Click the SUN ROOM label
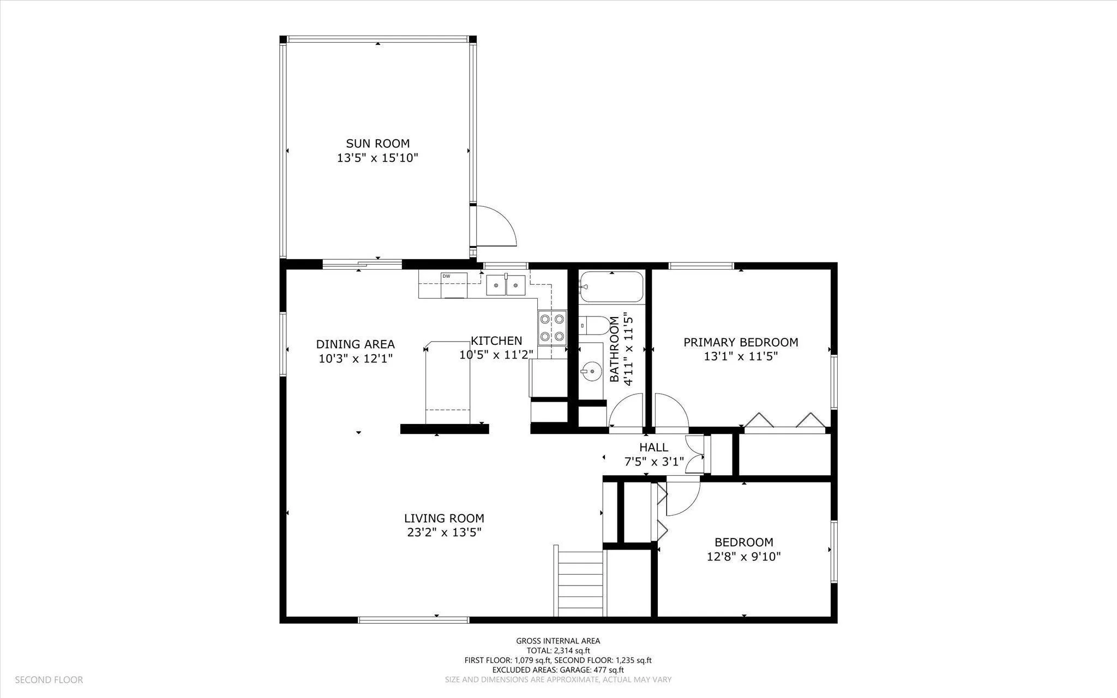[x=377, y=144]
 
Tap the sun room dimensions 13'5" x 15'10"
[x=377, y=158]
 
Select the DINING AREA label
[x=355, y=344]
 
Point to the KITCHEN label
[x=496, y=341]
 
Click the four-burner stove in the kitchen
[x=552, y=327]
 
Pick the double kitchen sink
[x=506, y=285]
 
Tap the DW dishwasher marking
[x=446, y=276]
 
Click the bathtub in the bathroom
[x=611, y=287]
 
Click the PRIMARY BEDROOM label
[x=741, y=342]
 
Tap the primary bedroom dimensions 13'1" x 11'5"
[x=741, y=356]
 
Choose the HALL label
[x=653, y=448]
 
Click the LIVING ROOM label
[x=444, y=518]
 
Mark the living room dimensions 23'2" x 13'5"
[x=444, y=532]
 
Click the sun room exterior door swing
[x=496, y=225]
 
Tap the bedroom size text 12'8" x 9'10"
[x=744, y=557]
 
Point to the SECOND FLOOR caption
[x=49, y=680]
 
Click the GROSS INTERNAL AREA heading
[x=558, y=641]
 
